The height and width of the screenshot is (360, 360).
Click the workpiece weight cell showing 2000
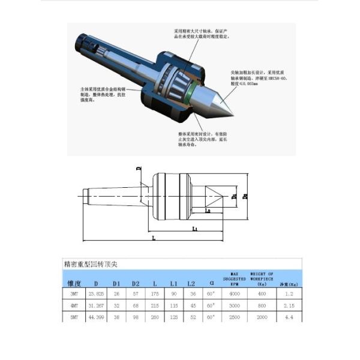(x=262, y=317)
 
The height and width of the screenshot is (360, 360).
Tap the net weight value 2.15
(x=289, y=306)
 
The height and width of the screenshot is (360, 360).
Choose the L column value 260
(x=155, y=317)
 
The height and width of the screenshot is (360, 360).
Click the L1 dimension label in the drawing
(x=195, y=229)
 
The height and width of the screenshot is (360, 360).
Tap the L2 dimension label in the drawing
(x=208, y=211)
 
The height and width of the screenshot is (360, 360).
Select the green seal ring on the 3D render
(x=189, y=94)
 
